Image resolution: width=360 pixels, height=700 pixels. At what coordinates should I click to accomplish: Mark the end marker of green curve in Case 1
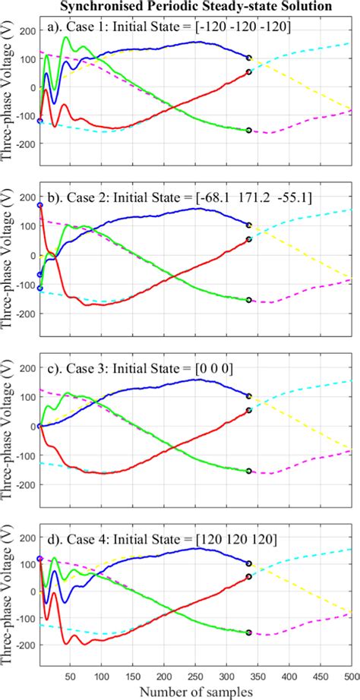click(x=249, y=131)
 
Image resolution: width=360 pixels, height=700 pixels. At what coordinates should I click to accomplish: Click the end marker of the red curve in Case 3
click(x=249, y=411)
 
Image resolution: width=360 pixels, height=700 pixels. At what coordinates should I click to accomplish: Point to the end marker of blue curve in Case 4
click(x=249, y=563)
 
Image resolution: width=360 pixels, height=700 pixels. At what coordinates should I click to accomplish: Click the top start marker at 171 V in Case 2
click(x=39, y=206)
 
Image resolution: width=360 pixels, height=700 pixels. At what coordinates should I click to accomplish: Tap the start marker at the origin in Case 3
click(x=39, y=426)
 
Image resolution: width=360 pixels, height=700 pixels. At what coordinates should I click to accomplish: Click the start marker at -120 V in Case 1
click(x=39, y=121)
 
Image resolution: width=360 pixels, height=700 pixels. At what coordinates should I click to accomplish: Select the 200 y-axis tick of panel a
click(x=27, y=31)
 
